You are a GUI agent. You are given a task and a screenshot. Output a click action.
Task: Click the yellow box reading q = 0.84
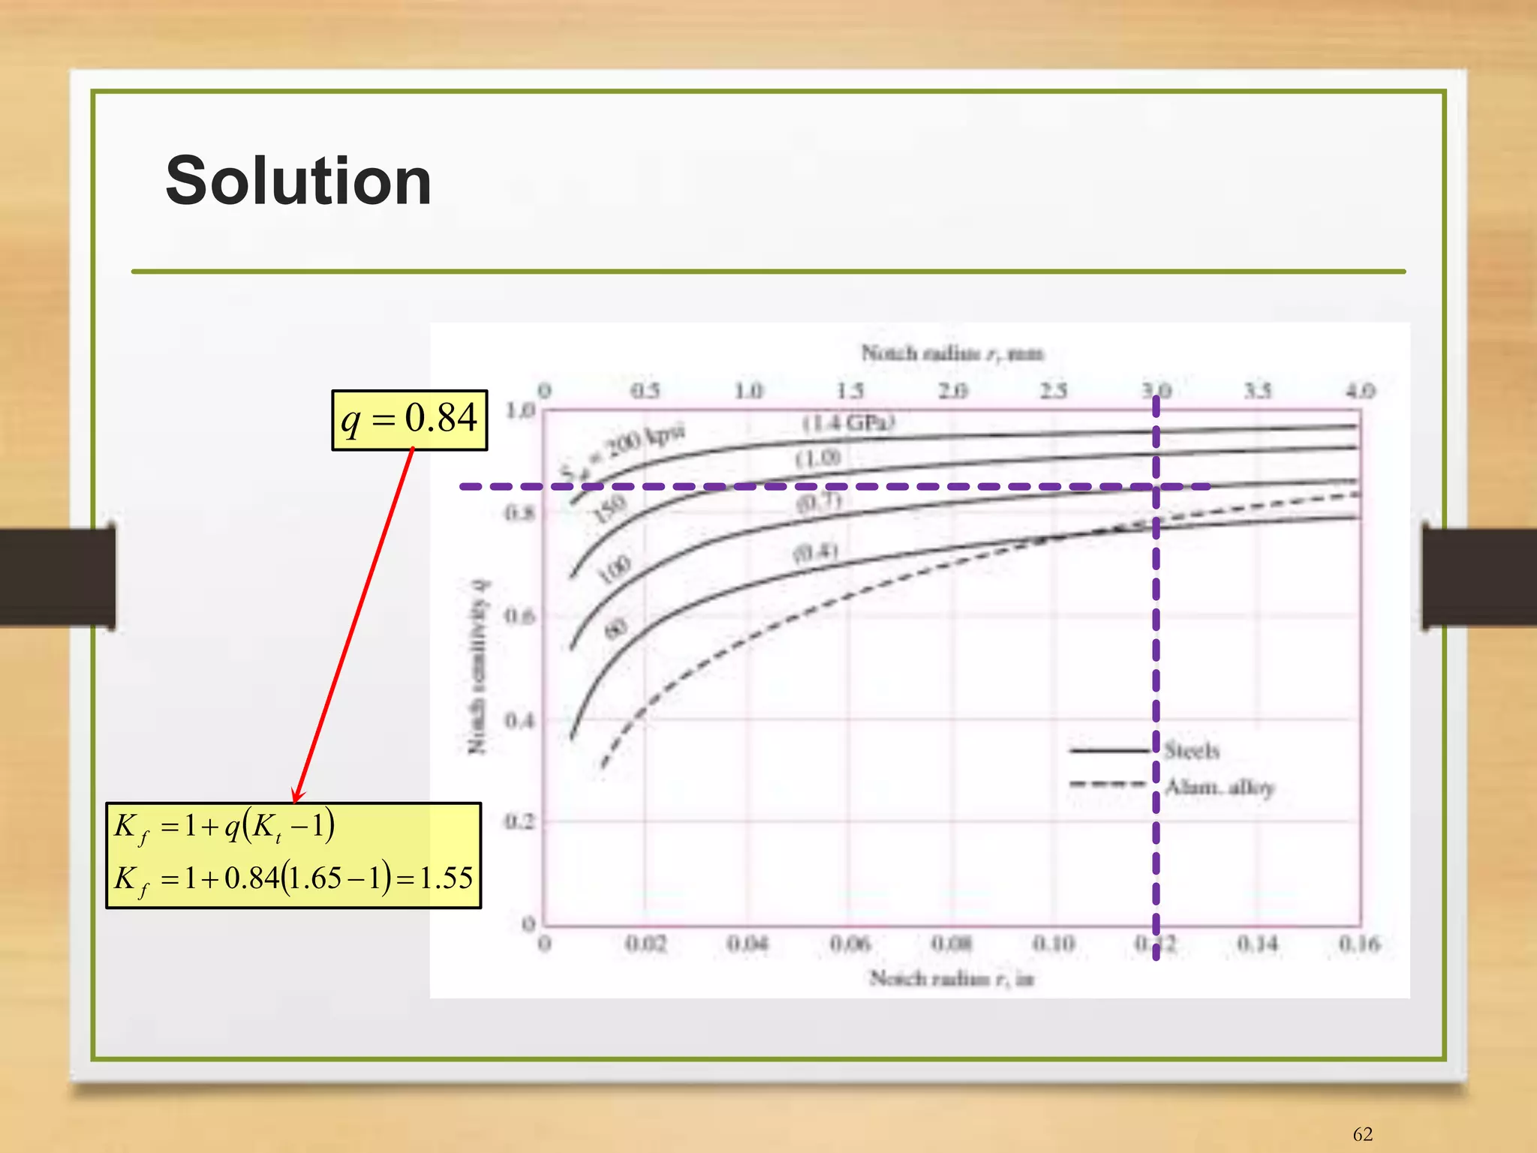pyautogui.click(x=409, y=419)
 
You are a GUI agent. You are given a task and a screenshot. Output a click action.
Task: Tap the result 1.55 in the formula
pyautogui.click(x=447, y=878)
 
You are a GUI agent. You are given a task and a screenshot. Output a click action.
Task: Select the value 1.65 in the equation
pyautogui.click(x=316, y=878)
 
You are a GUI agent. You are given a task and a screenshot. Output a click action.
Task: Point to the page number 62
pyautogui.click(x=1362, y=1134)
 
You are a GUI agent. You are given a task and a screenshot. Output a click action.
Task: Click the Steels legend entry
pyautogui.click(x=1191, y=750)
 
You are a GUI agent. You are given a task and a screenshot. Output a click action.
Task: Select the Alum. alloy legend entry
pyautogui.click(x=1220, y=787)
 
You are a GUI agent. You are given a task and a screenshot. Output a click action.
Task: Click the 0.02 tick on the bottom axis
pyautogui.click(x=645, y=944)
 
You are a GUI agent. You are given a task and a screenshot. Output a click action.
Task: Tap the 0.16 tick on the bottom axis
pyautogui.click(x=1359, y=944)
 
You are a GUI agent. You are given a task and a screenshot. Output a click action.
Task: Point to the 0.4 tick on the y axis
pyautogui.click(x=519, y=720)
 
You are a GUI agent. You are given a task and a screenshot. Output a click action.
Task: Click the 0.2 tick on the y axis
pyautogui.click(x=519, y=822)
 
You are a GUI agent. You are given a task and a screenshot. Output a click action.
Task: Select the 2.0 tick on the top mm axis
pyautogui.click(x=952, y=391)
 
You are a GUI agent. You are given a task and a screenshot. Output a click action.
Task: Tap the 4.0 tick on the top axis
pyautogui.click(x=1360, y=391)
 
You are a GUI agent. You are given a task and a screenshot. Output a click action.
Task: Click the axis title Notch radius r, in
pyautogui.click(x=952, y=978)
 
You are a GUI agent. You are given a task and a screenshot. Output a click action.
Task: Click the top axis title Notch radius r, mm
pyautogui.click(x=952, y=353)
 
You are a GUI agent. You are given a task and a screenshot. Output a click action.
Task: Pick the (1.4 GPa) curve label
pyautogui.click(x=848, y=423)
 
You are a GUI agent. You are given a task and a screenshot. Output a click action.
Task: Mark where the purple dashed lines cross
pyautogui.click(x=1156, y=487)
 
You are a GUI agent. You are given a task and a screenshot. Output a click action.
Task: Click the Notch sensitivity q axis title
pyautogui.click(x=478, y=666)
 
